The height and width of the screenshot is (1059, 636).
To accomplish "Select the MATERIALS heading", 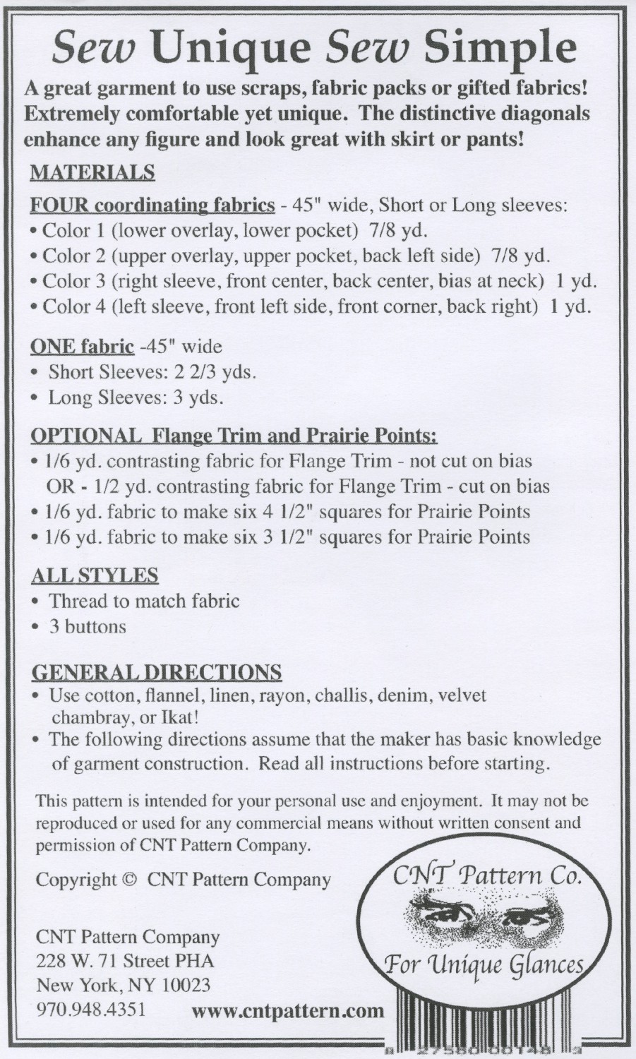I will tap(92, 172).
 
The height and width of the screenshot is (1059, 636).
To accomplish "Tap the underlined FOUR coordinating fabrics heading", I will tap(152, 205).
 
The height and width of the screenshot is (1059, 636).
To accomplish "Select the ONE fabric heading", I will tap(83, 347).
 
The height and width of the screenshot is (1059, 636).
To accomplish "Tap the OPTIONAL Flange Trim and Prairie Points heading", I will tap(234, 436).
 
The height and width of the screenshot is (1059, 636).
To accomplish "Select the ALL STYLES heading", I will tap(95, 575).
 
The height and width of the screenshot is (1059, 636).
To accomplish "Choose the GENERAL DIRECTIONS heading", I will tap(157, 671).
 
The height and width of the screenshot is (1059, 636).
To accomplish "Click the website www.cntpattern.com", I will tap(288, 1011).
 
